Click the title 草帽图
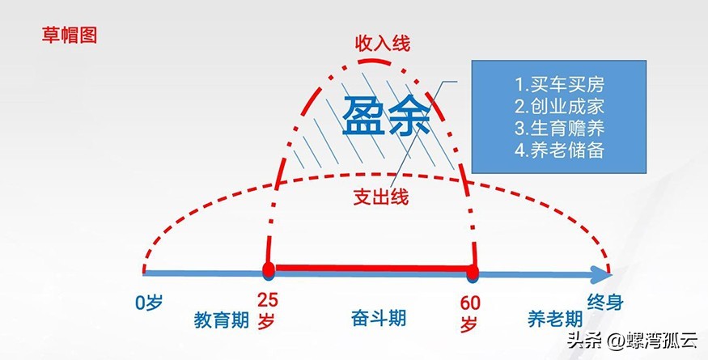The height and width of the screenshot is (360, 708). (x=69, y=35)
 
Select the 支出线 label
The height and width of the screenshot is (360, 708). (x=381, y=197)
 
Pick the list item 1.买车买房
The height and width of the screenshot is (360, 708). (x=559, y=84)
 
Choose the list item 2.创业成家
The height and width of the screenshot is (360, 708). (x=559, y=106)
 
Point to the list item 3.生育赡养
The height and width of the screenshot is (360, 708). (x=559, y=128)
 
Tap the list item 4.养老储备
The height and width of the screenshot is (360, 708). (x=559, y=150)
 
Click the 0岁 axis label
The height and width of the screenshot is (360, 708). (x=150, y=303)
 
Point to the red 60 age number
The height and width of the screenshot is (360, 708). (x=470, y=303)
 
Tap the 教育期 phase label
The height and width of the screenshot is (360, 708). (x=221, y=320)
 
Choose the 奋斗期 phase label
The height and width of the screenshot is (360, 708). (x=379, y=316)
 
